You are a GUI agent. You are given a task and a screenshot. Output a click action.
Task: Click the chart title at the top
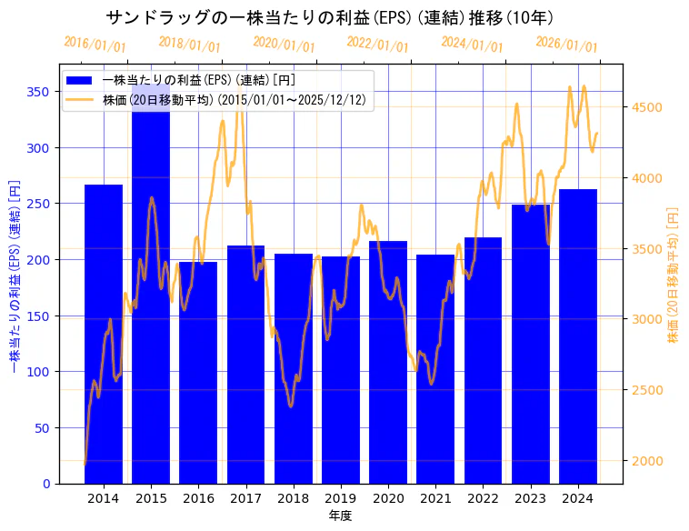[x=330, y=17]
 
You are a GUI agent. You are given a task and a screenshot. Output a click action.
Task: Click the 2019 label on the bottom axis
[x=340, y=498]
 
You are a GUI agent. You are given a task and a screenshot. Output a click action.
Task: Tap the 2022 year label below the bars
[x=483, y=498]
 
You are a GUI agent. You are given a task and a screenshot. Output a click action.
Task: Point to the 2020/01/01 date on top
[x=284, y=45]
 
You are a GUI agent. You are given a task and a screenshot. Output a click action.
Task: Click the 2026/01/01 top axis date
[x=566, y=45]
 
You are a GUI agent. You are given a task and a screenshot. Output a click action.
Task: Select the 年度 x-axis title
[x=340, y=516]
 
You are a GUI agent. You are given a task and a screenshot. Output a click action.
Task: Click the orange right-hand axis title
[x=674, y=274]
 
